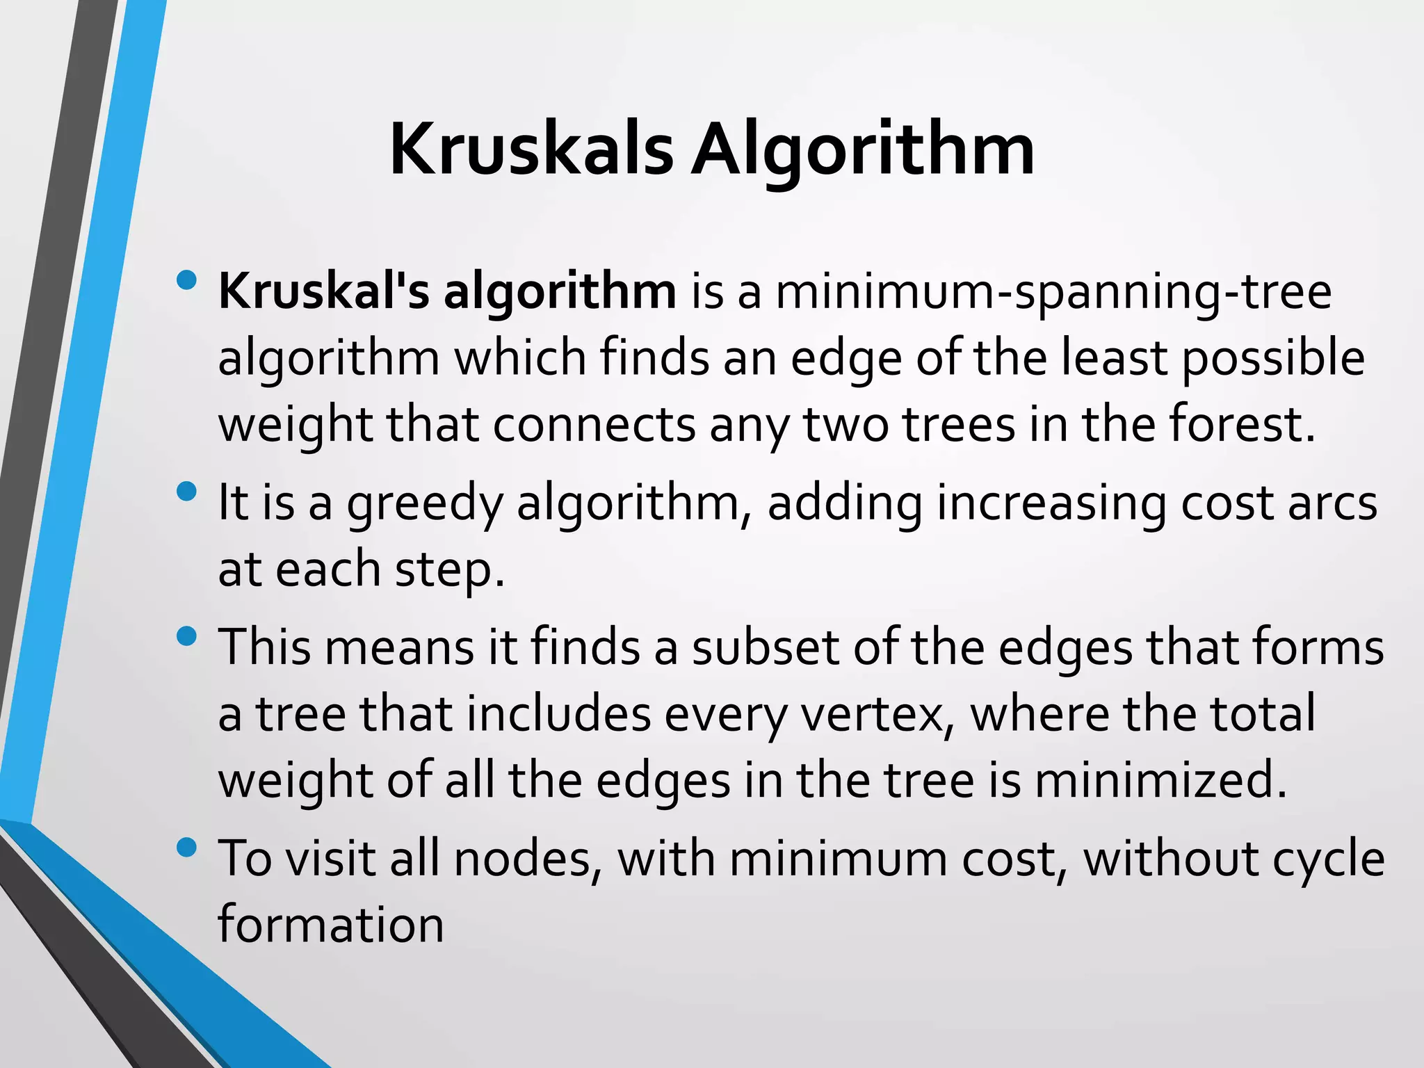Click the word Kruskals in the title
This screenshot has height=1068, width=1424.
[531, 149]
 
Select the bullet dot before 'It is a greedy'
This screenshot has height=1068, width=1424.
[187, 492]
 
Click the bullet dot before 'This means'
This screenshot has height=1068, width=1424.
[187, 636]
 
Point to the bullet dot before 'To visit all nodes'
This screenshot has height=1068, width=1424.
[187, 848]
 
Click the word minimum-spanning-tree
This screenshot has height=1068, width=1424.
[1053, 292]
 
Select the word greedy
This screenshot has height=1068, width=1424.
[424, 503]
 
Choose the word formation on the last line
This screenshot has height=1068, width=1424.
[331, 924]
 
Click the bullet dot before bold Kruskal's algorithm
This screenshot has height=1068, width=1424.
[187, 280]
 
